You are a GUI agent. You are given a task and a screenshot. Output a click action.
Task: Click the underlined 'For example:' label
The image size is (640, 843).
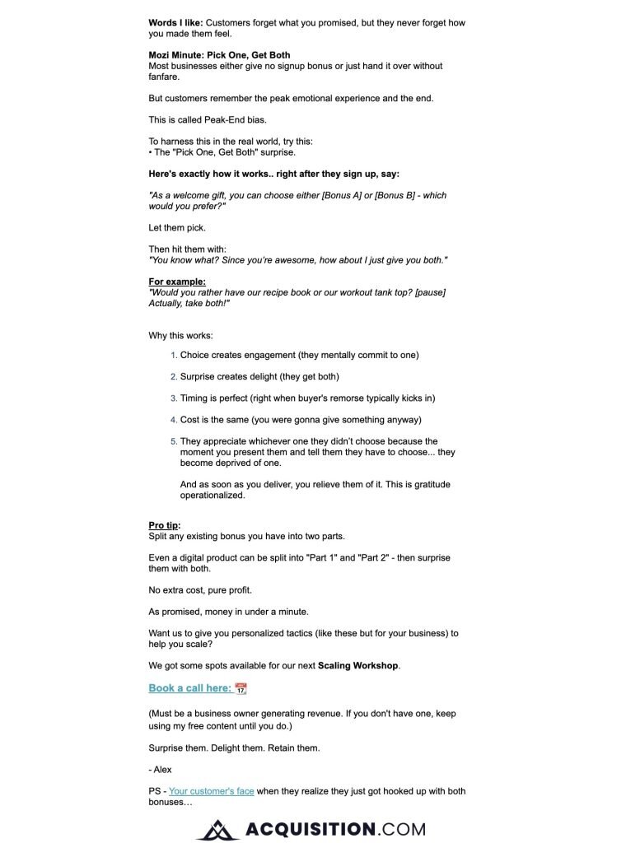pos(177,282)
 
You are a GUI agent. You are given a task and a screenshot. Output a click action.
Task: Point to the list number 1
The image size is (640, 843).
pos(174,356)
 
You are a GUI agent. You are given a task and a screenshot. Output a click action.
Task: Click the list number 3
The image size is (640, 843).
pos(174,398)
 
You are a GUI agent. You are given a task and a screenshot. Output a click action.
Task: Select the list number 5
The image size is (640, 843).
pos(174,442)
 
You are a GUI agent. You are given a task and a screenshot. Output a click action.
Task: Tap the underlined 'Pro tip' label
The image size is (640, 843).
pos(163,525)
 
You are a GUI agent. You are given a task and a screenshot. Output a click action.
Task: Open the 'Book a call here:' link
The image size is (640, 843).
pos(189,688)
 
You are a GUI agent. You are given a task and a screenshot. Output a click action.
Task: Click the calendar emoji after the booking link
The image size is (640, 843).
pos(241,688)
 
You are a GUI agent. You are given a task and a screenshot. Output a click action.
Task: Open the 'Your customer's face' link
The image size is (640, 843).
pos(211,791)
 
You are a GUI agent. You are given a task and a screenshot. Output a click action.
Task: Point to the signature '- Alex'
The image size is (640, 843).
pos(161,769)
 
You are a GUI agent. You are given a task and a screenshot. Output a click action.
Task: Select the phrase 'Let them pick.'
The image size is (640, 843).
pos(176,228)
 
